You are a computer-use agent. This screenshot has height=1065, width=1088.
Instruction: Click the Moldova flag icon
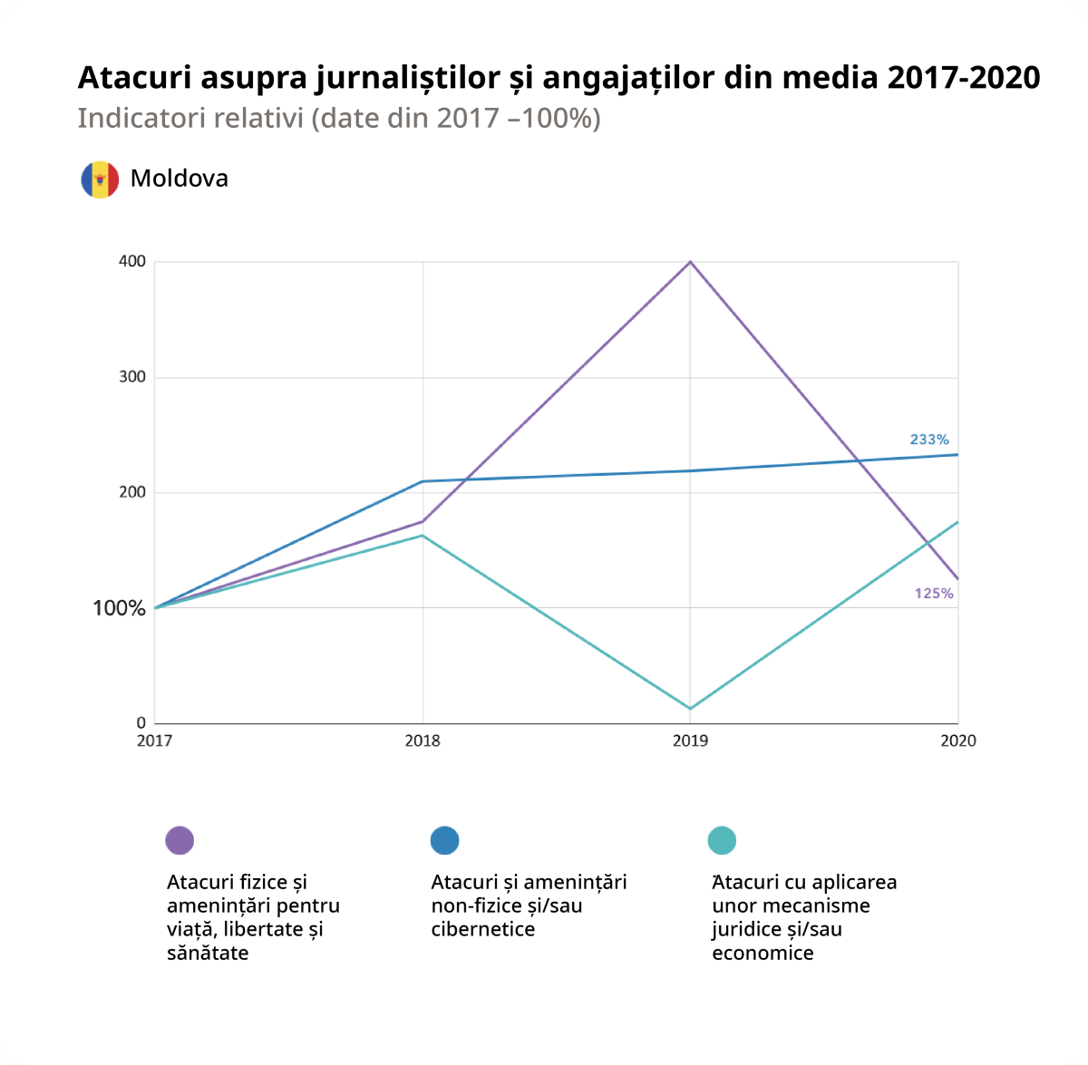pyautogui.click(x=100, y=179)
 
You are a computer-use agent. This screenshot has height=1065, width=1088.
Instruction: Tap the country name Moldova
pyautogui.click(x=179, y=179)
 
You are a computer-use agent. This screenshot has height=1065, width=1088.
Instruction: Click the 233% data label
pyautogui.click(x=929, y=440)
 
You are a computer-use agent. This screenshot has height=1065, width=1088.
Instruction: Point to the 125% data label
pyautogui.click(x=933, y=594)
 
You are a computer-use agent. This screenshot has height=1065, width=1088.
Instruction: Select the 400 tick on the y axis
pyautogui.click(x=132, y=262)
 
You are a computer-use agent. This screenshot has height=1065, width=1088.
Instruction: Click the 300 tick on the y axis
pyautogui.click(x=132, y=377)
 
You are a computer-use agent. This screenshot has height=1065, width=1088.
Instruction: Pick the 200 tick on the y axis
pyautogui.click(x=132, y=492)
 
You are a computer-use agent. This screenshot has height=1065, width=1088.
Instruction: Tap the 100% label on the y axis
pyautogui.click(x=119, y=608)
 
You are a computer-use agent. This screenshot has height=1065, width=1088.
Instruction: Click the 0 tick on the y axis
pyautogui.click(x=141, y=723)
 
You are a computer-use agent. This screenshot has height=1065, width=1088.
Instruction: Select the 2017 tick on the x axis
pyautogui.click(x=154, y=741)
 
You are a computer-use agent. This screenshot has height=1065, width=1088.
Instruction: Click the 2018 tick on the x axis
pyautogui.click(x=423, y=741)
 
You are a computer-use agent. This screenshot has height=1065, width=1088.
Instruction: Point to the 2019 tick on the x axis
pyautogui.click(x=690, y=741)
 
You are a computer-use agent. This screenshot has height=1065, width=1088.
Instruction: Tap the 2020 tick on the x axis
pyautogui.click(x=957, y=741)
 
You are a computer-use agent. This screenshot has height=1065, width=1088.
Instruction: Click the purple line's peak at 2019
pyautogui.click(x=691, y=262)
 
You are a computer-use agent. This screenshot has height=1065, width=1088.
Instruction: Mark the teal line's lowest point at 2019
pyautogui.click(x=691, y=709)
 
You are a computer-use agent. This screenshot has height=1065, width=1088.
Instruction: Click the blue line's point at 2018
pyautogui.click(x=423, y=481)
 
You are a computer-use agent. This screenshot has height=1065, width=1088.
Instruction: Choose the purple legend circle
pyautogui.click(x=180, y=840)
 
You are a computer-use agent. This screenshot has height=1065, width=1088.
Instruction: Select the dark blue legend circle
pyautogui.click(x=444, y=840)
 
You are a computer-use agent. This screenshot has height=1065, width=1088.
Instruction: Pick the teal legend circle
pyautogui.click(x=722, y=840)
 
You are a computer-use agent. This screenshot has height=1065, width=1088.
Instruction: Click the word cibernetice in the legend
pyautogui.click(x=482, y=929)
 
